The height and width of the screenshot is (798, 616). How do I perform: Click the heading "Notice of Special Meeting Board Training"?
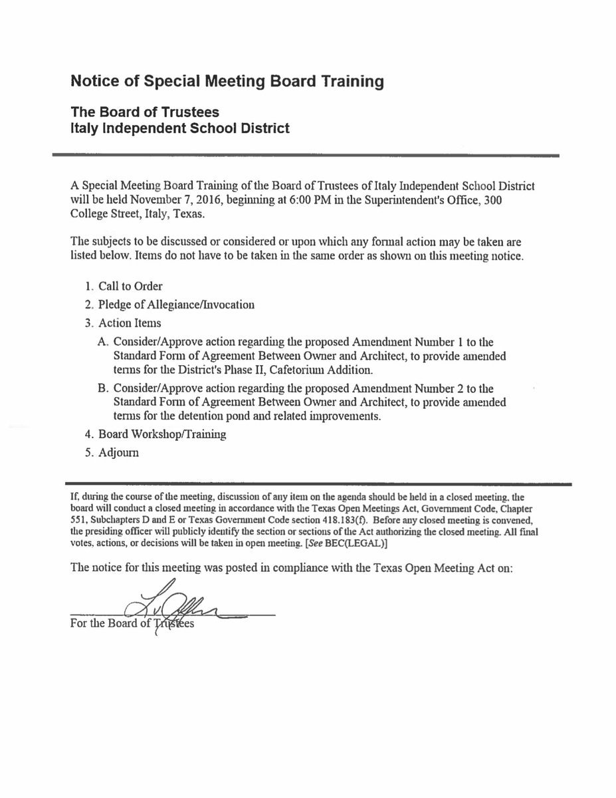tap(227, 82)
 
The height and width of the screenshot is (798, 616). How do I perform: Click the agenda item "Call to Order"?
tap(130, 287)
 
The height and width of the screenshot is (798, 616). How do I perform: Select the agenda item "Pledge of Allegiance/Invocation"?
tap(176, 305)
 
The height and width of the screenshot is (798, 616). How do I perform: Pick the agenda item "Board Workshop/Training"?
tap(162, 434)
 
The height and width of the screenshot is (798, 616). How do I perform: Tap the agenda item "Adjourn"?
tap(118, 452)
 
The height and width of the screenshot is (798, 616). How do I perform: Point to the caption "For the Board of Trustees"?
tap(132, 624)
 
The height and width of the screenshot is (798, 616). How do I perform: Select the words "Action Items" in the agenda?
tap(130, 323)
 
